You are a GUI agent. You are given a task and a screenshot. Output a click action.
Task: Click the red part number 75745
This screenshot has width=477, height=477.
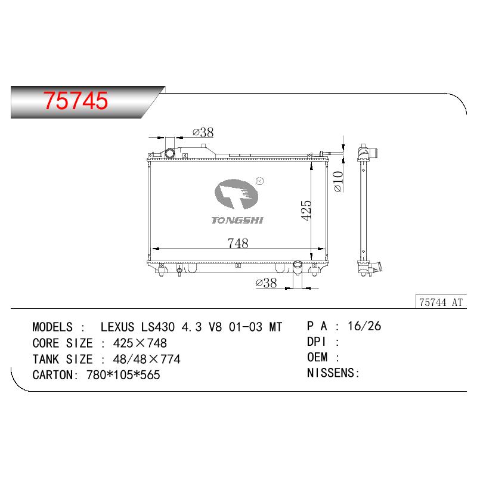point(76,101)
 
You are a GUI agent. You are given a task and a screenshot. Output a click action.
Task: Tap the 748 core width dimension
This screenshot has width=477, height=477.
point(238,243)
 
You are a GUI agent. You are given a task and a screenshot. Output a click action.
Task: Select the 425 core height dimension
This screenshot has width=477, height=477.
point(306,210)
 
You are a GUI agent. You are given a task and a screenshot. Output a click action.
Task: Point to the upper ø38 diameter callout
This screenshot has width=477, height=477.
point(203,132)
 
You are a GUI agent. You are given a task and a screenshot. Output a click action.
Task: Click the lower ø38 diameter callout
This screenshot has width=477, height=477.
point(267,283)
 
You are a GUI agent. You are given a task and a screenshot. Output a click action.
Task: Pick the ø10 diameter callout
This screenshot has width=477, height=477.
point(338,182)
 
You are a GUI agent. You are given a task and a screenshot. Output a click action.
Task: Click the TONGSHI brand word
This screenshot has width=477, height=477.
point(237,220)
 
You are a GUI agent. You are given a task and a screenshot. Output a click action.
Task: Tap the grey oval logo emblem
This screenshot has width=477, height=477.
point(236,194)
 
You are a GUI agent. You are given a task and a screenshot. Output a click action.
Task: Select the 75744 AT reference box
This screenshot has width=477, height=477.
point(441,302)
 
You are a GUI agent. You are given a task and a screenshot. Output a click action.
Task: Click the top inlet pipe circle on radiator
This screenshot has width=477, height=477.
point(170,154)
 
